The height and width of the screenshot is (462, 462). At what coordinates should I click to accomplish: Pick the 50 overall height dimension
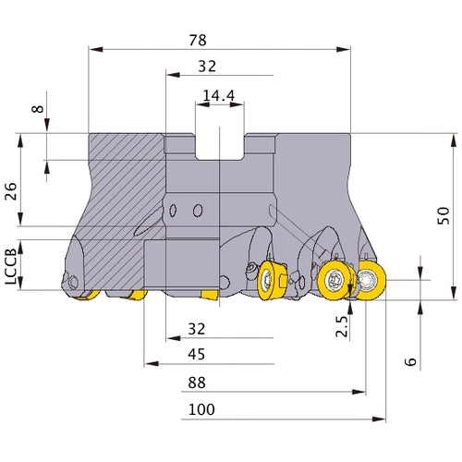pyautogui.click(x=443, y=215)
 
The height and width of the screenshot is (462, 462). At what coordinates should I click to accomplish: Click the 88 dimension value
pyautogui.click(x=196, y=381)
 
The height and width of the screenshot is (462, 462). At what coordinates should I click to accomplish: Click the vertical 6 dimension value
pyautogui.click(x=412, y=361)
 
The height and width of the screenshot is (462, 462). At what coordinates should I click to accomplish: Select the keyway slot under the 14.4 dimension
pyautogui.click(x=219, y=146)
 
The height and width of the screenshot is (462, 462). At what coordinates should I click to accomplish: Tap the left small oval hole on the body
pyautogui.click(x=176, y=212)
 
